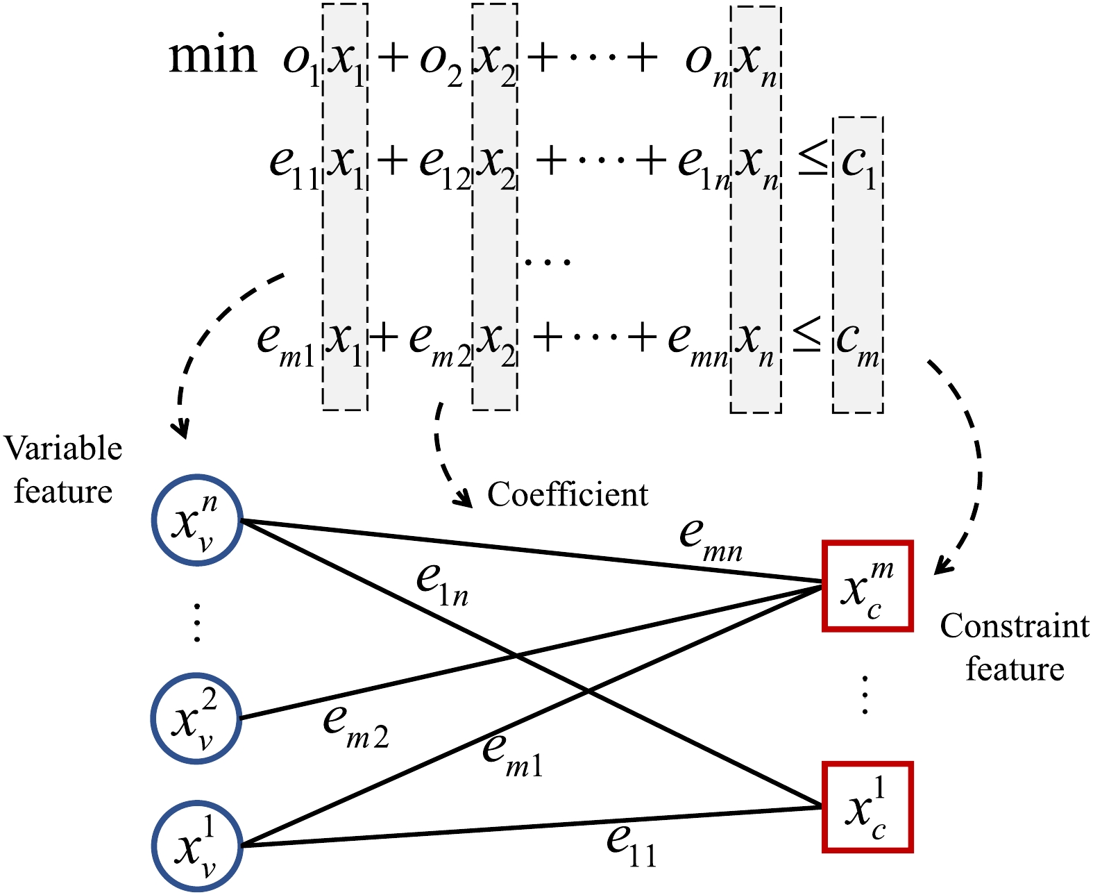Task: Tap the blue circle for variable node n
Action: point(197,520)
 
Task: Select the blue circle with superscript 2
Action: point(196,718)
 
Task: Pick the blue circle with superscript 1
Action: point(197,846)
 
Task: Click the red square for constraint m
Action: point(867,586)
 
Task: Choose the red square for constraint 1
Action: point(867,807)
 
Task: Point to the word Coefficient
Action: point(567,495)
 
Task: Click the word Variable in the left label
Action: point(63,449)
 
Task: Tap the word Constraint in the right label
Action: point(1014,626)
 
